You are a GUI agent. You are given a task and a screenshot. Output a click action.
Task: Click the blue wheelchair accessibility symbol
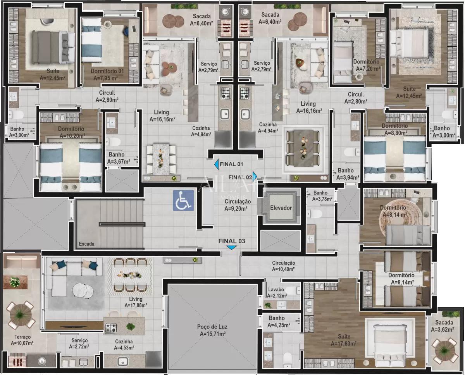(183, 200)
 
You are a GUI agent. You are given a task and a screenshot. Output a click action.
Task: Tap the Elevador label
(281, 208)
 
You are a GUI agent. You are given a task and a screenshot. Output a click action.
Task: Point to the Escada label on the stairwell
(86, 244)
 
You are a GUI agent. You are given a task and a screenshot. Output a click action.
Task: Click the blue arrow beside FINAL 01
(216, 164)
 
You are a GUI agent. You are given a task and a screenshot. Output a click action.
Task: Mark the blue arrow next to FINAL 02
(255, 175)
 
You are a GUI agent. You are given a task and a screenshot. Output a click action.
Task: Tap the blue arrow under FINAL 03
(232, 248)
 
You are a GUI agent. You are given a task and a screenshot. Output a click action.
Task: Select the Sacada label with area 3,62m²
(444, 326)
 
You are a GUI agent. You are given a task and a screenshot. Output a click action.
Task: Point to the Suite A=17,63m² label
(344, 340)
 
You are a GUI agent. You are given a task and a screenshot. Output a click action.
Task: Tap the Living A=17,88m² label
(136, 302)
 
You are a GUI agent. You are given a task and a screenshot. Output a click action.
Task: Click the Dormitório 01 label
(107, 74)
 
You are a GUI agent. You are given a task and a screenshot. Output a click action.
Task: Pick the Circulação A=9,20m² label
(238, 205)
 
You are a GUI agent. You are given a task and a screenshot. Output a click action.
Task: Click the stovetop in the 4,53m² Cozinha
(111, 328)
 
